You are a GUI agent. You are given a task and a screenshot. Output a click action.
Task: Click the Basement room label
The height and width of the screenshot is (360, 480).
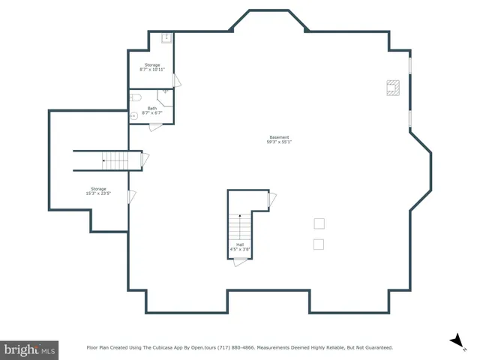(279, 137)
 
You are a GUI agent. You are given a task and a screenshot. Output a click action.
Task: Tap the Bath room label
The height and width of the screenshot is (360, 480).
(152, 108)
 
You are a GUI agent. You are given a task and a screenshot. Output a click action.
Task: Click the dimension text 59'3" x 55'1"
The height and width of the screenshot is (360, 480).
(279, 142)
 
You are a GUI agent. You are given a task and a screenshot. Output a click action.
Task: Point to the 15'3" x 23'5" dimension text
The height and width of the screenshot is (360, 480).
(98, 193)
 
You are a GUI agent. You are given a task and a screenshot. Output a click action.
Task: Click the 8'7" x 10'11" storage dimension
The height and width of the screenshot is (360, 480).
(152, 70)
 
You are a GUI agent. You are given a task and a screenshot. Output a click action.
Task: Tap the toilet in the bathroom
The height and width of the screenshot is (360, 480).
(136, 97)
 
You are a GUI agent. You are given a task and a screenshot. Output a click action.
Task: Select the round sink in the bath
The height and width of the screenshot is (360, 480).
(133, 115)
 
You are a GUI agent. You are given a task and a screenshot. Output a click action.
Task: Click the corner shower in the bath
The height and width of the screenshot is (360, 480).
(165, 94)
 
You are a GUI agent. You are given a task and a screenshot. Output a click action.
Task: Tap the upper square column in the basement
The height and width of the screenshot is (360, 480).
(319, 223)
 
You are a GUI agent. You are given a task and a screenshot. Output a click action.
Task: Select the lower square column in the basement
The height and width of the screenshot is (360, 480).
(319, 244)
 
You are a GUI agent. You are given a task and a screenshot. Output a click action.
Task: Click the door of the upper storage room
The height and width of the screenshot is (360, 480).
(176, 80)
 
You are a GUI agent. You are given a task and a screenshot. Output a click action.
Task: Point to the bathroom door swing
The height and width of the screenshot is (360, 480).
(156, 127)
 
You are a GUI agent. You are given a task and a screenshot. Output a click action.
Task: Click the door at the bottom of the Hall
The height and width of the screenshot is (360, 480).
(240, 261)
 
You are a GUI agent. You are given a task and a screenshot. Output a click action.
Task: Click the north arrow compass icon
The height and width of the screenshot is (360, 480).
(454, 341)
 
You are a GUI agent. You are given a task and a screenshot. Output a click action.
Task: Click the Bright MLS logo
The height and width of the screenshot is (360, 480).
(30, 349)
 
